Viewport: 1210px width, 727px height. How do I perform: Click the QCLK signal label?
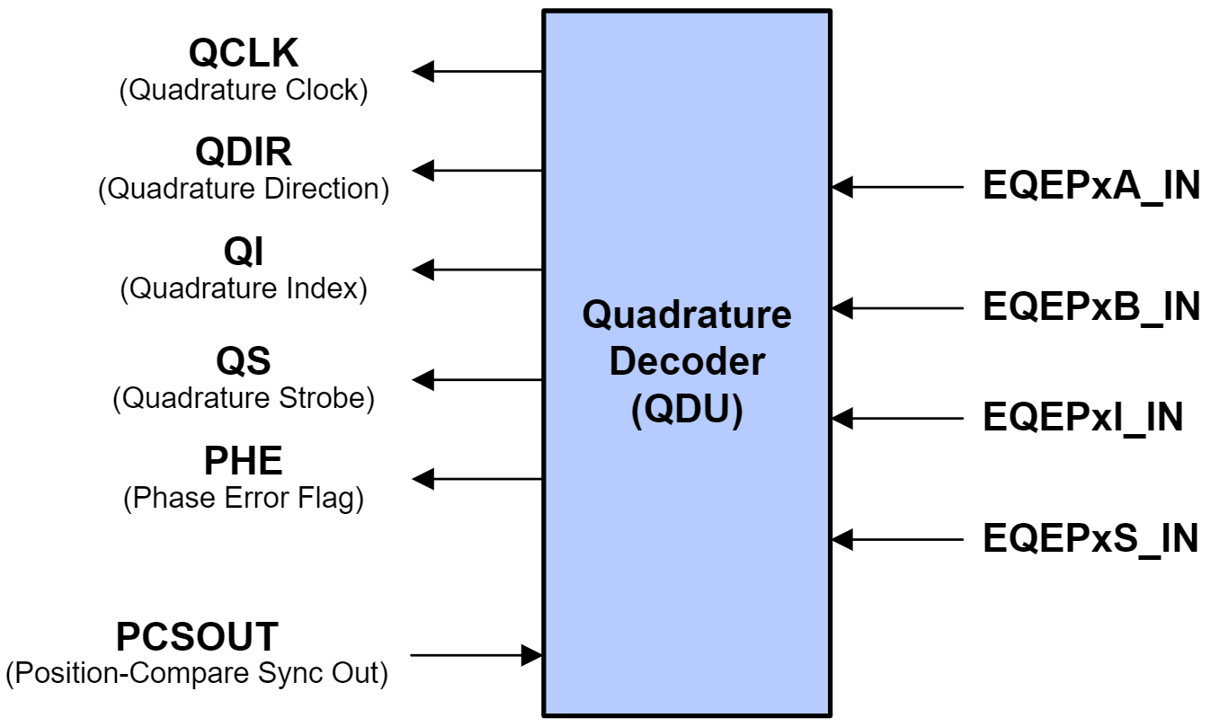[x=243, y=54]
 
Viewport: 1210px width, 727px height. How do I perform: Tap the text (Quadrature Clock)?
[x=244, y=91]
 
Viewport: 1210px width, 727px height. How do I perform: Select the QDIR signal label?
[x=244, y=152]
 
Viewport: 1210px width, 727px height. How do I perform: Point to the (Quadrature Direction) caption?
[x=244, y=190]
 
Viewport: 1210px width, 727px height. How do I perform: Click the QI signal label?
[x=244, y=253]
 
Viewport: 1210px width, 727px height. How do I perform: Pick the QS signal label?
[x=244, y=361]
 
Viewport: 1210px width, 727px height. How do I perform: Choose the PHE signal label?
[x=244, y=461]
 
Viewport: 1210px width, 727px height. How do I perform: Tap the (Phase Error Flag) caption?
[x=244, y=498]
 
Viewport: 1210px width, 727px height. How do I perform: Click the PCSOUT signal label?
[x=197, y=637]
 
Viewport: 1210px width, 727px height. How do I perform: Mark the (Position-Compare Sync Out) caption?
[x=197, y=672]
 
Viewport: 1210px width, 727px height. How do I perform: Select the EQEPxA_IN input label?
[x=1091, y=187]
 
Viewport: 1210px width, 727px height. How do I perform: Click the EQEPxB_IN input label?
[x=1091, y=307]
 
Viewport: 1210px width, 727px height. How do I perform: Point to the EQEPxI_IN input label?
[x=1082, y=418]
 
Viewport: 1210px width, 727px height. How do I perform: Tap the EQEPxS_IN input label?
[x=1090, y=539]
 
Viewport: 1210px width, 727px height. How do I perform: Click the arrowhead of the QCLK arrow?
[x=423, y=71]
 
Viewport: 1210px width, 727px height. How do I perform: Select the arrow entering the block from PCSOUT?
[x=476, y=655]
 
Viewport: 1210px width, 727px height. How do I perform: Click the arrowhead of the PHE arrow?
[x=423, y=479]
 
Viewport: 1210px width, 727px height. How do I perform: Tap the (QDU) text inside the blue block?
[x=687, y=411]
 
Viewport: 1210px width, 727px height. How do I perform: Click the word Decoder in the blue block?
[x=687, y=362]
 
